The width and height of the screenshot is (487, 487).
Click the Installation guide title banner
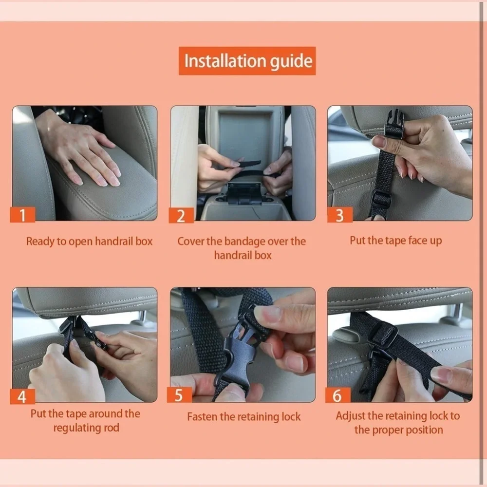247,61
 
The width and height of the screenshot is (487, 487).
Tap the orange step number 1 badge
22,215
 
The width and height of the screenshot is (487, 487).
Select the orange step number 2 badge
181,216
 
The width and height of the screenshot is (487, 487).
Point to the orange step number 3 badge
340,215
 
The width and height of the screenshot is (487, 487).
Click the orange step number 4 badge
22,396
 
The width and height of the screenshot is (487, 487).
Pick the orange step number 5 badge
179,395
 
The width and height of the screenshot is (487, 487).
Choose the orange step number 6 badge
338,395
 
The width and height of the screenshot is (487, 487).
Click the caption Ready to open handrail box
89,242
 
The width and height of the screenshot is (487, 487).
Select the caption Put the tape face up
395,241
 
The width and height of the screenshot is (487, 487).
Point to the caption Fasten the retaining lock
244,417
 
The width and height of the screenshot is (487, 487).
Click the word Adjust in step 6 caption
350,416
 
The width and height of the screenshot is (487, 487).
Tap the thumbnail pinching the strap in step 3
379,142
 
